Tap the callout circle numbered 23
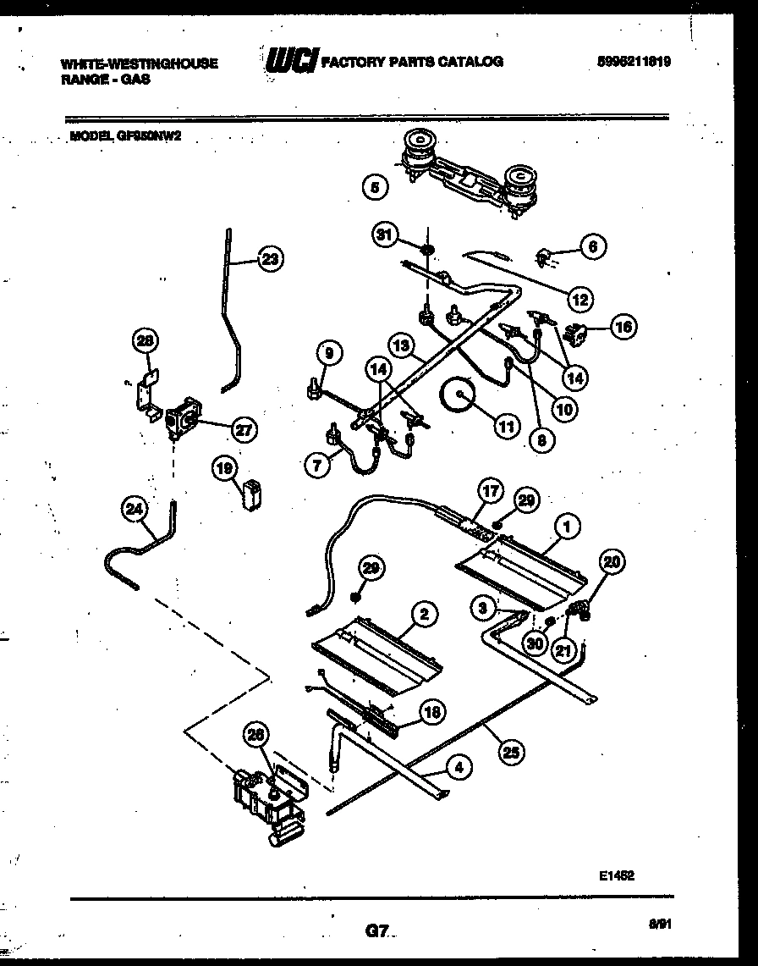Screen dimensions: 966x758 [269, 261]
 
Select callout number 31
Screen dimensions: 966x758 [386, 236]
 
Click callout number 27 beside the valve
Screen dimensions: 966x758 [243, 429]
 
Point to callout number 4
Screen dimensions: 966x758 [458, 769]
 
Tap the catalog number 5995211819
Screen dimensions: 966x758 [634, 62]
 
